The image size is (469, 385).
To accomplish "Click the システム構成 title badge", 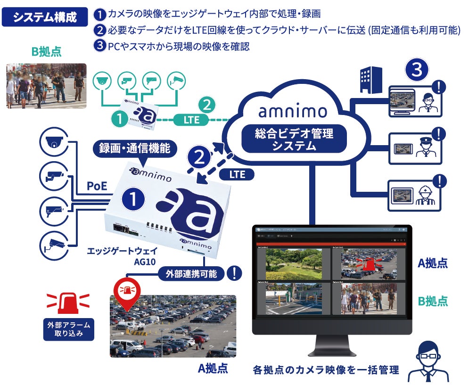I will (45, 17).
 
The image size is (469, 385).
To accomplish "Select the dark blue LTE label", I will (238, 174).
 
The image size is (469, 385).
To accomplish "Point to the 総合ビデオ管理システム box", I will (294, 140).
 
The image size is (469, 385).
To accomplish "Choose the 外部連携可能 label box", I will (191, 273).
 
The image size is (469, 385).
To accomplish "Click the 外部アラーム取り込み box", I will (69, 329).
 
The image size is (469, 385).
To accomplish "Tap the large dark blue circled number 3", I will (417, 70).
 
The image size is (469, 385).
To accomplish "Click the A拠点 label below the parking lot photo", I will (213, 368).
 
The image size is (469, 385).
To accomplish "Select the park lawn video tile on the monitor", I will (292, 263).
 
